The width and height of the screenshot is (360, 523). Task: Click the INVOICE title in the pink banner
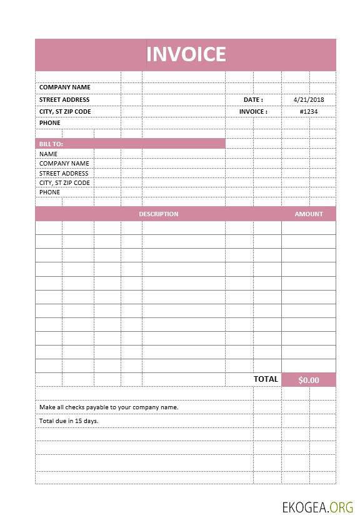tap(186, 54)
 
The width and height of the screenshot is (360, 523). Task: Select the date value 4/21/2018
tap(309, 99)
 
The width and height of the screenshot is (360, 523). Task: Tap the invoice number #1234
tap(309, 111)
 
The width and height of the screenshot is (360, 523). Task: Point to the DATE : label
tap(253, 99)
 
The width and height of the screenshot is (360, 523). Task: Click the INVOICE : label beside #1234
tap(253, 111)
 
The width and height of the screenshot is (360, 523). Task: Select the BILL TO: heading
tap(51, 144)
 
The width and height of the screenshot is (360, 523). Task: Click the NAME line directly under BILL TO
tap(48, 154)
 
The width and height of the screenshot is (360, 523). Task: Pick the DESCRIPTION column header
tap(158, 214)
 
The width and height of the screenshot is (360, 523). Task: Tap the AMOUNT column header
tap(309, 214)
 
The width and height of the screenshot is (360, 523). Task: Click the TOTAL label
tap(266, 379)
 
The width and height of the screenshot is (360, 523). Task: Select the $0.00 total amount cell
tap(309, 380)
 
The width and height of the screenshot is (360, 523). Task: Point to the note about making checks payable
tap(109, 407)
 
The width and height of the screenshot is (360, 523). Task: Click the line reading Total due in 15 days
tap(69, 421)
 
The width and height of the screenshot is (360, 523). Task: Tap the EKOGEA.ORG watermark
tap(317, 507)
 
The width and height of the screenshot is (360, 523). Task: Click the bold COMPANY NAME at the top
tap(64, 87)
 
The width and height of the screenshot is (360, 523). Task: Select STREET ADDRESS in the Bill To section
tap(64, 173)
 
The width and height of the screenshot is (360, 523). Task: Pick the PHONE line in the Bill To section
tap(50, 192)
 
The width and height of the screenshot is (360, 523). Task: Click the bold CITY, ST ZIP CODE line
tap(65, 111)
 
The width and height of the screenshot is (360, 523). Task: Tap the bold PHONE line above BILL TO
tap(50, 122)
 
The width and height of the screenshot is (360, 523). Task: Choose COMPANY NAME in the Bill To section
tap(64, 163)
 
